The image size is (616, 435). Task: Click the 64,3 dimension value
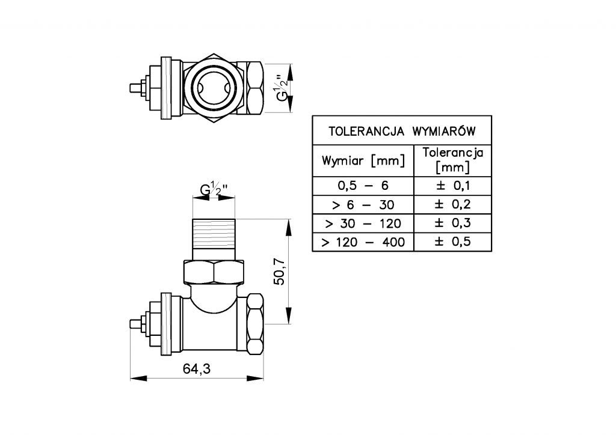196,369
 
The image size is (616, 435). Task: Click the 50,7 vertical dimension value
279,272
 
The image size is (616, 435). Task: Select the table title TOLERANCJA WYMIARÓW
402,130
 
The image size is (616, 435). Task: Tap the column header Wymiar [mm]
363,160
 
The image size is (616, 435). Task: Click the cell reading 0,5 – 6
363,185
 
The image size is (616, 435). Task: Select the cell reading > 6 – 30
363,204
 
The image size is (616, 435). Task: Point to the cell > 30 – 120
363,224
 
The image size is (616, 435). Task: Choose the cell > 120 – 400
363,242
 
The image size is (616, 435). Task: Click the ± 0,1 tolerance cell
452,185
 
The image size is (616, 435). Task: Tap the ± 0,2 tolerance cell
452,204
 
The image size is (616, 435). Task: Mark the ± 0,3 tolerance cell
452,224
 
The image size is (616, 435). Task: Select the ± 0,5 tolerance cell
452,242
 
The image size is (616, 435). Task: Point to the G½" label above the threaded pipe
213,191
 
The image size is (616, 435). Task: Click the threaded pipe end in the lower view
214,234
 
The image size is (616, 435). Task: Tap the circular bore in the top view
211,88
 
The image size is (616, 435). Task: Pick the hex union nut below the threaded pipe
214,273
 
